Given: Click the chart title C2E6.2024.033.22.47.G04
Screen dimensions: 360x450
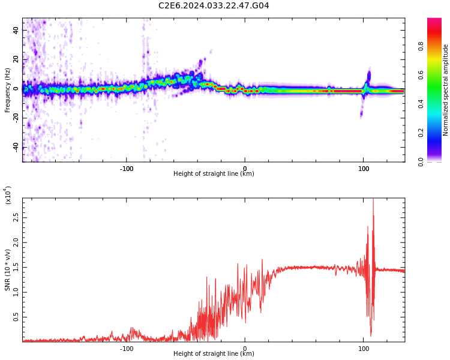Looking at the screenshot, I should click(214, 6).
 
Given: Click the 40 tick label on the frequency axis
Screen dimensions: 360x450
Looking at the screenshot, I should click(16, 29).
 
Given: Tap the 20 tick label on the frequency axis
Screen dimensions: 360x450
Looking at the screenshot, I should click(16, 59).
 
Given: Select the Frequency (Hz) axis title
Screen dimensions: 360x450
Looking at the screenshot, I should click(7, 90).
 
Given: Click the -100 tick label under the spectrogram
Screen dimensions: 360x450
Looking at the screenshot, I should click(126, 169).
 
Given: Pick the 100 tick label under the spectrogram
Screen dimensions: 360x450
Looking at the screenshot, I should click(364, 169).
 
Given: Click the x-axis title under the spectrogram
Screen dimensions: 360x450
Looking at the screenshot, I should click(214, 174).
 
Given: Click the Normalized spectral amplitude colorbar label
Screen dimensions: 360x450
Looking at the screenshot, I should click(446, 90).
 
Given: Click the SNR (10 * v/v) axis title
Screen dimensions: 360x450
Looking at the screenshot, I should click(7, 268).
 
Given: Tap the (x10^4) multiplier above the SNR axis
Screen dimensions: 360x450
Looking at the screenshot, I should click(7, 196).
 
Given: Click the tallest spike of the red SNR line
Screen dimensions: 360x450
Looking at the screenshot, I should click(373, 200).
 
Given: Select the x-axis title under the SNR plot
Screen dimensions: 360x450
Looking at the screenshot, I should click(214, 354).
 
